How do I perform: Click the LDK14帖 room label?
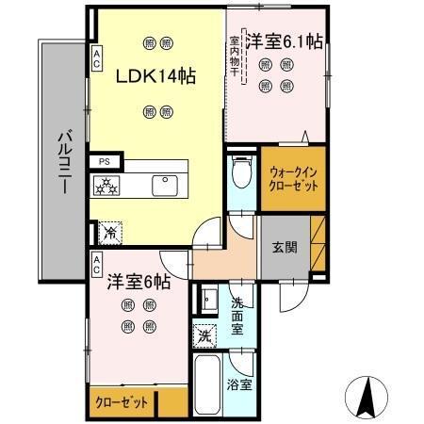[155, 76]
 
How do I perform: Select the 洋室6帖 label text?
[138, 281]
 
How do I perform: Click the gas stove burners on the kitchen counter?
[106, 186]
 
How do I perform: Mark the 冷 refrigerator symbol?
[109, 229]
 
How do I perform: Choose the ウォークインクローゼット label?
[293, 179]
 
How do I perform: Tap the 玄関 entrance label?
[286, 248]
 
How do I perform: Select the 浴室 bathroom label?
[239, 384]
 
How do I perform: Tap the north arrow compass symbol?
[368, 393]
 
